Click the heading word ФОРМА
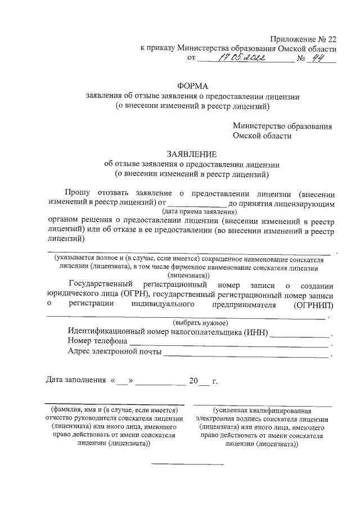point(192,85)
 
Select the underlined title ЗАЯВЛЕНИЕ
point(192,154)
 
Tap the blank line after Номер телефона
point(228,343)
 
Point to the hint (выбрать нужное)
point(192,323)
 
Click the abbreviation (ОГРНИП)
point(313,305)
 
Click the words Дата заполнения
point(76,380)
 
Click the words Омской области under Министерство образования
point(262,136)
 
